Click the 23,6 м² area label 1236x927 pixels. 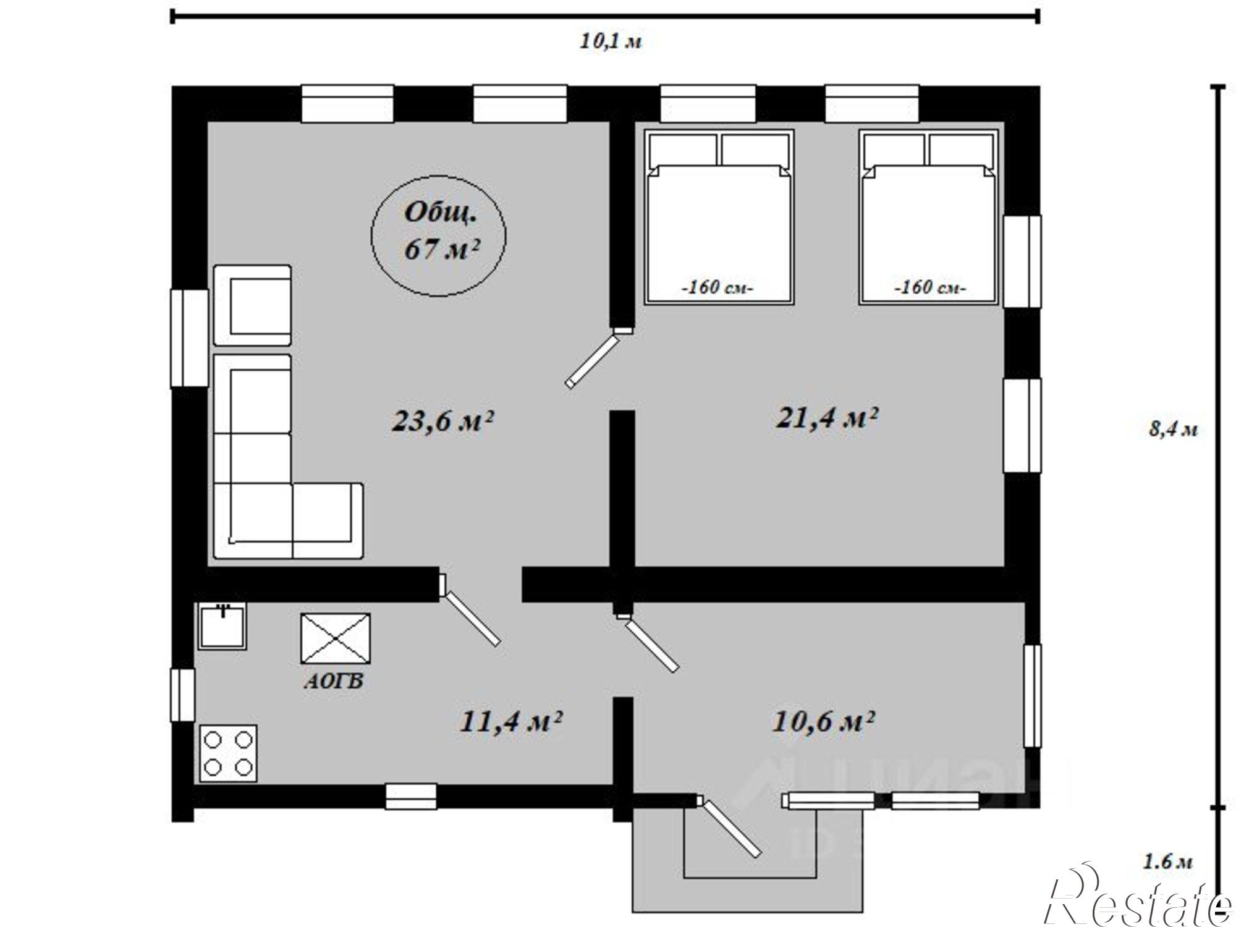point(442,421)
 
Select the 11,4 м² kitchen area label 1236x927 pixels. point(510,721)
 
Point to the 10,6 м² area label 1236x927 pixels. point(823,721)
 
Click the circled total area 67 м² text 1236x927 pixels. point(441,231)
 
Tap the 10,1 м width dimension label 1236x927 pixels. point(611,41)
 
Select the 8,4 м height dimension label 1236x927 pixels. point(1173,429)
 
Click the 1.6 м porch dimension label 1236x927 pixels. point(1167,861)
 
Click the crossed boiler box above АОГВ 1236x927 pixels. point(336,638)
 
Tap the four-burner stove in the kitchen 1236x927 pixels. point(228,753)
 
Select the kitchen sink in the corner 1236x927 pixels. point(222,626)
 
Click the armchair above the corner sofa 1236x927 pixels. point(252,305)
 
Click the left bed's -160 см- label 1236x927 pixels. point(717,288)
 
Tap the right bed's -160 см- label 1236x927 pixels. point(931,288)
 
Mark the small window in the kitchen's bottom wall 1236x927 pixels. point(411,797)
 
